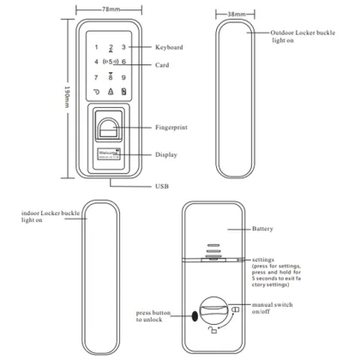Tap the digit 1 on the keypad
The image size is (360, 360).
[96, 47]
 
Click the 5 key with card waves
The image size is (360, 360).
[111, 62]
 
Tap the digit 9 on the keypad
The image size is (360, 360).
[124, 77]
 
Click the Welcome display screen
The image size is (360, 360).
[110, 154]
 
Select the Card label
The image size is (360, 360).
[163, 65]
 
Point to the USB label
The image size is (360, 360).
[162, 186]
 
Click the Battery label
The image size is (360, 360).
[263, 230]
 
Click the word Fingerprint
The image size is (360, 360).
[171, 128]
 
